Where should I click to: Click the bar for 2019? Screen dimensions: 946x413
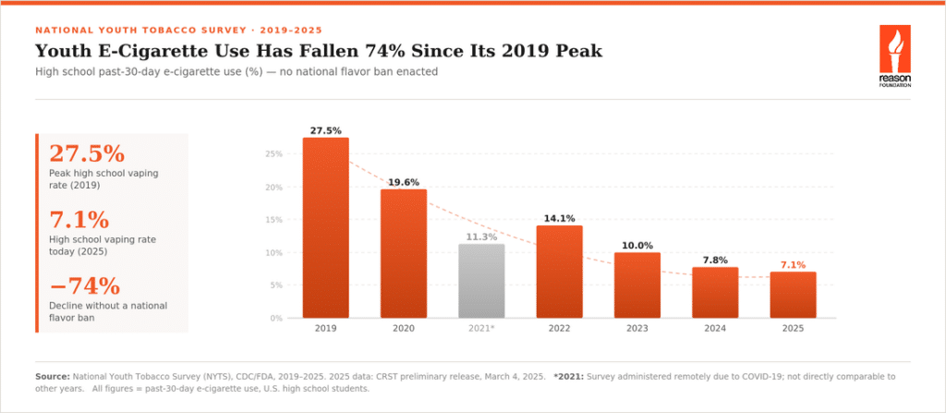coord(326,227)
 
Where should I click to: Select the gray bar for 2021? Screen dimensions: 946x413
coord(481,281)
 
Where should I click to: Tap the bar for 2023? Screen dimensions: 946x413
coord(637,285)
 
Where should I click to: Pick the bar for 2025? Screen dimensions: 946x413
coord(793,295)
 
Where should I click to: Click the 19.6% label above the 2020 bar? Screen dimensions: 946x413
coord(404,182)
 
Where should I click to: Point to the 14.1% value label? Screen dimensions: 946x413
coord(559,219)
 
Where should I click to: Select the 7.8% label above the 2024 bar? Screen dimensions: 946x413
coord(715,261)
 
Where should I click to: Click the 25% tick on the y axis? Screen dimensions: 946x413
coord(273,154)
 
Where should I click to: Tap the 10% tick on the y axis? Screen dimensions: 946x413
coord(273,252)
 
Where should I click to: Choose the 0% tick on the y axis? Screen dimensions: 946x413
coord(275,318)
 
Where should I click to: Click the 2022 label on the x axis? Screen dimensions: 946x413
coord(559,329)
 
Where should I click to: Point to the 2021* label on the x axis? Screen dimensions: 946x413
coord(482,329)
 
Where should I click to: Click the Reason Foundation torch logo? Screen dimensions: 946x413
coord(894,56)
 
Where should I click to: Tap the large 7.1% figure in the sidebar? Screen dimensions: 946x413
coord(79,220)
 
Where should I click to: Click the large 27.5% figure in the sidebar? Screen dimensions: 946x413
coord(87,154)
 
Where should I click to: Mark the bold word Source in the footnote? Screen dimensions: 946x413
coord(53,376)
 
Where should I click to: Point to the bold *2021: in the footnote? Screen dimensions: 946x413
coord(568,376)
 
